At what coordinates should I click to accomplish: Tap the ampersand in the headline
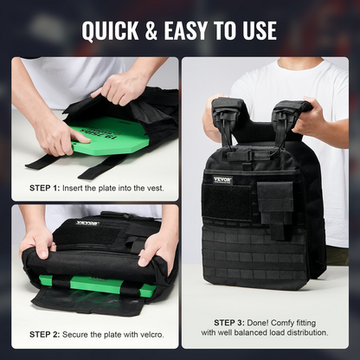151,30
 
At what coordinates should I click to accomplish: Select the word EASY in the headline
186,30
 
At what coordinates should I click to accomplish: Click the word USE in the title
260,30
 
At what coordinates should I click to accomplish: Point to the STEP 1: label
45,189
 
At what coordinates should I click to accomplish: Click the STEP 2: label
45,335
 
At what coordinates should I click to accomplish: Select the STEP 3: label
229,323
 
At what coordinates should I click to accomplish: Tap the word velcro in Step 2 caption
152,335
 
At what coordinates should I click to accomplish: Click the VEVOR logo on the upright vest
222,180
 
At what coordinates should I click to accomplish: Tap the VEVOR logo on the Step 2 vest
87,223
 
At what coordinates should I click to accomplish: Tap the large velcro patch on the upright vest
227,202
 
